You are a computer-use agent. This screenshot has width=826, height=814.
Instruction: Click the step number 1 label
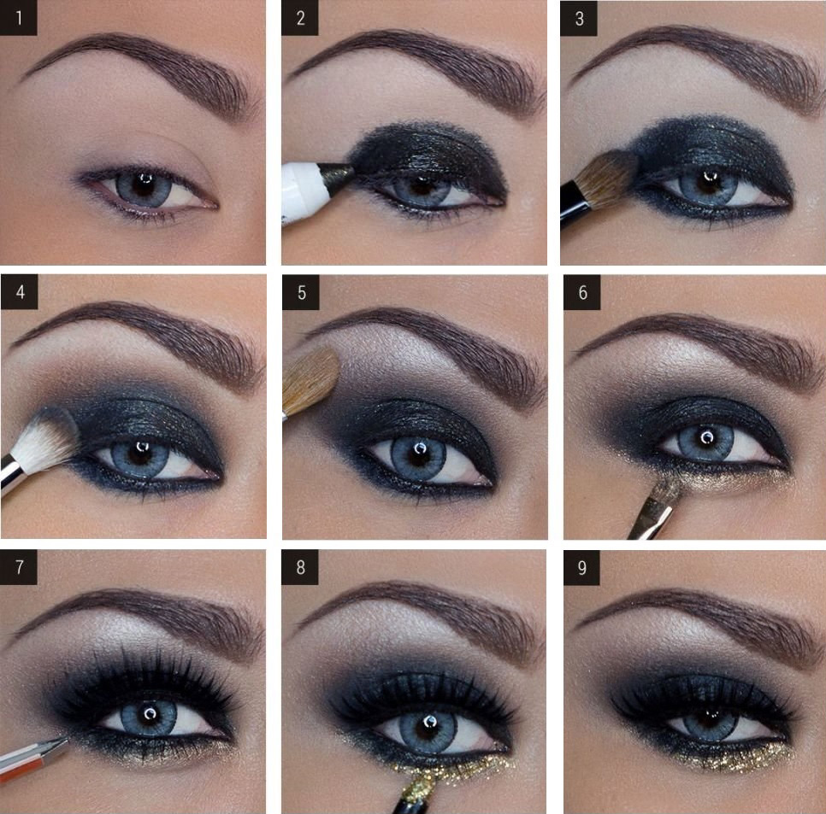(x=19, y=18)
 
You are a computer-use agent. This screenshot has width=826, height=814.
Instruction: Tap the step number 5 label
(x=301, y=293)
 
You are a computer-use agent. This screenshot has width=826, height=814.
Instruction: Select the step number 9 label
(x=581, y=568)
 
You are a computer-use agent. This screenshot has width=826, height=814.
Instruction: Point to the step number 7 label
(x=19, y=567)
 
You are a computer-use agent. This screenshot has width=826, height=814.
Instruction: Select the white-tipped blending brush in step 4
(x=37, y=448)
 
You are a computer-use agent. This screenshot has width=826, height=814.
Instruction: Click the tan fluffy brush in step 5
(x=310, y=382)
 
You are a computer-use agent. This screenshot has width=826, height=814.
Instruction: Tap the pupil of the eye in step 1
(x=143, y=185)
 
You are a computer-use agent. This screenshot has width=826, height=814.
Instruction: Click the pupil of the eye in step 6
(x=706, y=439)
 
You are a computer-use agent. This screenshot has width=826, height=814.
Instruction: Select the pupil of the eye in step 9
(x=711, y=717)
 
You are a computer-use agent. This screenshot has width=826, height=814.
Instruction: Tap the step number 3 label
(x=578, y=18)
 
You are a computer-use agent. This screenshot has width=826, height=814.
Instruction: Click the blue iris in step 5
(x=419, y=457)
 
